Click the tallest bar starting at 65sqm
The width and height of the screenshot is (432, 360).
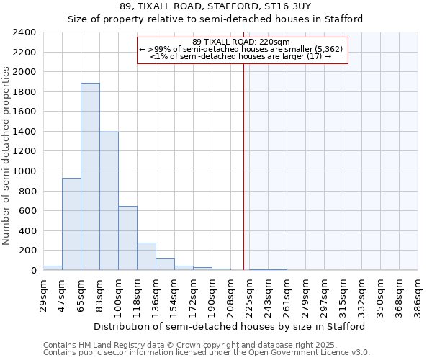[x=90, y=176]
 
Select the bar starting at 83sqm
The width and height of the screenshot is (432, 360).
[x=109, y=201]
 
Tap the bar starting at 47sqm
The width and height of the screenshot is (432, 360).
[x=71, y=224]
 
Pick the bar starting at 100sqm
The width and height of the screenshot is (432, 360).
[x=127, y=238]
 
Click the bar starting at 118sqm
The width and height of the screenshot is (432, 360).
[x=146, y=256]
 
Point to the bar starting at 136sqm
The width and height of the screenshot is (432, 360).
[x=165, y=264]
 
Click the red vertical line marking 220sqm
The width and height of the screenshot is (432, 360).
[x=243, y=158]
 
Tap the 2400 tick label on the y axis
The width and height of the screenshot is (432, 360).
[x=24, y=33]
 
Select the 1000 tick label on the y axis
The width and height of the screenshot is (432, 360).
[x=24, y=171]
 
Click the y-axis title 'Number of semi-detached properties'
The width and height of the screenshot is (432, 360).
[x=7, y=156]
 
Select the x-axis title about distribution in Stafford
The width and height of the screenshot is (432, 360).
[x=230, y=326]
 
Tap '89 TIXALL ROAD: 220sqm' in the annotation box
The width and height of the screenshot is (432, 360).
[x=242, y=42]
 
